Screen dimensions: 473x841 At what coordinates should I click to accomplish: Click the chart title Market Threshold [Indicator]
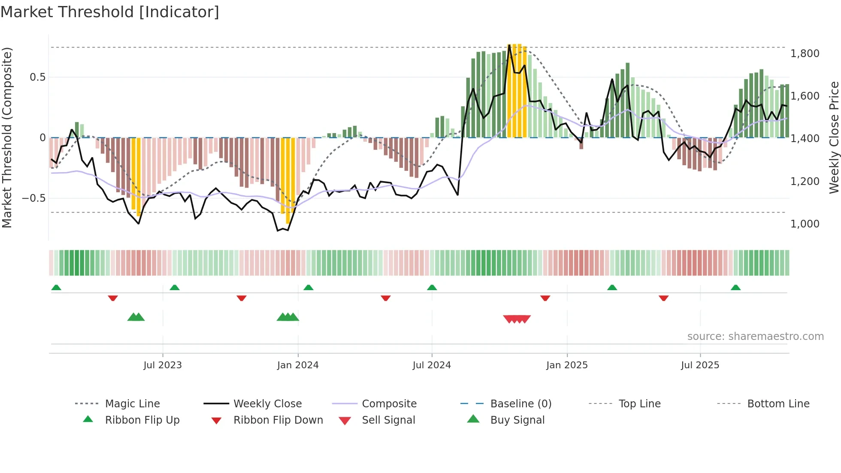[x=110, y=12]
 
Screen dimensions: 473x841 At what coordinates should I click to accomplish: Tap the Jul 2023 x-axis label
[x=163, y=365]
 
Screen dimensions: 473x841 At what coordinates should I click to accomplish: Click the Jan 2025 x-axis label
[x=567, y=365]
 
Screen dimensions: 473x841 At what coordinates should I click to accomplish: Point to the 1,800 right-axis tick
[x=805, y=54]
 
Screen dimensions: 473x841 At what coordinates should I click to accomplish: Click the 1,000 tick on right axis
[x=805, y=224]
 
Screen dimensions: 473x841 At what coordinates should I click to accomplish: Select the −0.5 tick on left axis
[x=34, y=198]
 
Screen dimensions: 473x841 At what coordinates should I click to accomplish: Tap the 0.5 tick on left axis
[x=37, y=77]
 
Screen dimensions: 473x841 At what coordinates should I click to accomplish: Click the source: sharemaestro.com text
[x=755, y=337]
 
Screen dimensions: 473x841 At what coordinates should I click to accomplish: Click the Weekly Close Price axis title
[x=834, y=137]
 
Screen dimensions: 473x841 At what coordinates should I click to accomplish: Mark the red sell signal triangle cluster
[x=517, y=319]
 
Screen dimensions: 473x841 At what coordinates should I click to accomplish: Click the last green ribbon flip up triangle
[x=735, y=288]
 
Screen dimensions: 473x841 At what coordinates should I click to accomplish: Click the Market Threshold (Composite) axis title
[x=7, y=137]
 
